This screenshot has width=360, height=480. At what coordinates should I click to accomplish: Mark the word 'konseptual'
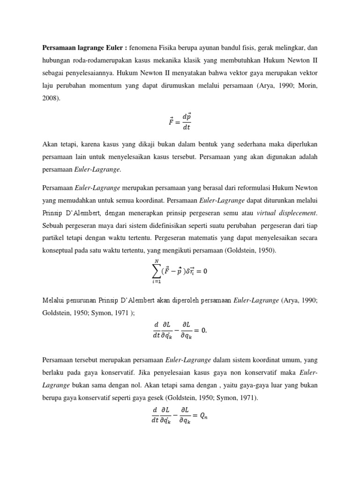tap(60, 251)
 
